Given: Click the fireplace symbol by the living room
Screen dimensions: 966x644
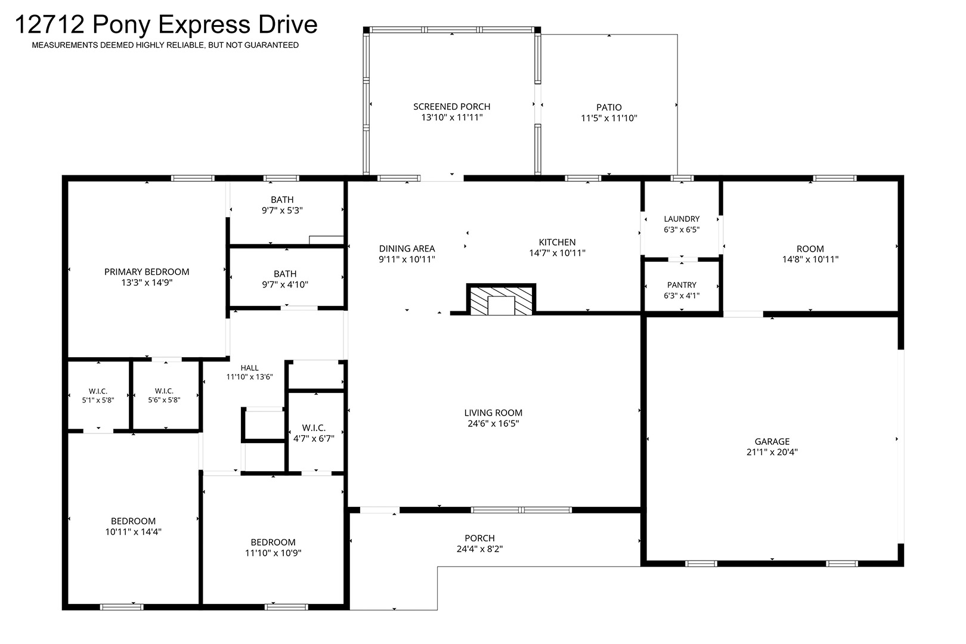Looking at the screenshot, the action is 501,299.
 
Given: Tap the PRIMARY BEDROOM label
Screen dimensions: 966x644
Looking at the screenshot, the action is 147,272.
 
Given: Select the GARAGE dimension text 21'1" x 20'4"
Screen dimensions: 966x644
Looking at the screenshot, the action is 772,452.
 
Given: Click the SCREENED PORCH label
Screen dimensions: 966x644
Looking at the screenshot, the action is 451,107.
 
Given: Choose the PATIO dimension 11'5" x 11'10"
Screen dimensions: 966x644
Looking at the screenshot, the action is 609,118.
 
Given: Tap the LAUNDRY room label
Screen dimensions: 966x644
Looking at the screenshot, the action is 682,219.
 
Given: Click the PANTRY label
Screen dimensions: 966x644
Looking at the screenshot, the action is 682,285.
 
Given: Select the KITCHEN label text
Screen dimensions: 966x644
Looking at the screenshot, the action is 557,243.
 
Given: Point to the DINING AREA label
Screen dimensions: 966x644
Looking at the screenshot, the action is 407,249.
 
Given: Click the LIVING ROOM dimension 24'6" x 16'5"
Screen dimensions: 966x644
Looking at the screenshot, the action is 493,423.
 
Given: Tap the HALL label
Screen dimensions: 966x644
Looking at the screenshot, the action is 249,368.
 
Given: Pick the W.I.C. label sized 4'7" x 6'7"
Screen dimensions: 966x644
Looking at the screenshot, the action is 314,428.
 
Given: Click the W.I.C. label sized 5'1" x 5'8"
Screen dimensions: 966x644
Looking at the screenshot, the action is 98,391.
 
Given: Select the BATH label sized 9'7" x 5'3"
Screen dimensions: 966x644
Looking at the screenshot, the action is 282,200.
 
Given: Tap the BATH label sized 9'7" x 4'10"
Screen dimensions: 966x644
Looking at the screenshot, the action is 285,274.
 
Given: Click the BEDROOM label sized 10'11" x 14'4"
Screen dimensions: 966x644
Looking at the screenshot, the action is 133,521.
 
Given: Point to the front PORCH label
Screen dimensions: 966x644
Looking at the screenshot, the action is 479,538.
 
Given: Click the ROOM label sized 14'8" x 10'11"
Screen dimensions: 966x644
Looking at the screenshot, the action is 810,249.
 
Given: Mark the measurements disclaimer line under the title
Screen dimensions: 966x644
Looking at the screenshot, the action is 165,45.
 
